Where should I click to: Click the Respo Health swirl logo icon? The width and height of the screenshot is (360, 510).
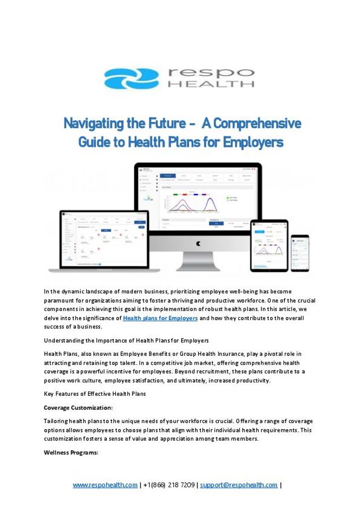coord(131,78)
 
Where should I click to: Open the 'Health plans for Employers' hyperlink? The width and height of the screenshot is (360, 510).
coord(160,318)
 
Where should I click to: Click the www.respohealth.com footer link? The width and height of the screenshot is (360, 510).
coord(105,485)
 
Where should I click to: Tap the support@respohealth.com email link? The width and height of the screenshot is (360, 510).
coord(239,485)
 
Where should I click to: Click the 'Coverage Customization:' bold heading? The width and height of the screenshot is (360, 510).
coord(78,407)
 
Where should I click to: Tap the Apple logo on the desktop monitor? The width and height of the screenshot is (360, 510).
coord(198,243)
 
